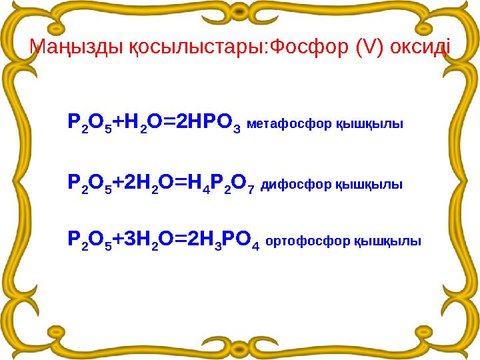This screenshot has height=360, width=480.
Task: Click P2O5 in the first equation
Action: coord(89,123)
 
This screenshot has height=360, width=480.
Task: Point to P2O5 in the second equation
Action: coord(89,182)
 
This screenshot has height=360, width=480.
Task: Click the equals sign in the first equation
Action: coord(172,122)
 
